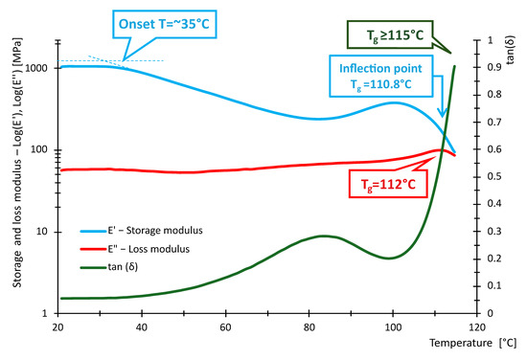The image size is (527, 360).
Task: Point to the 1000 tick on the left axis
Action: [x=38, y=68]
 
